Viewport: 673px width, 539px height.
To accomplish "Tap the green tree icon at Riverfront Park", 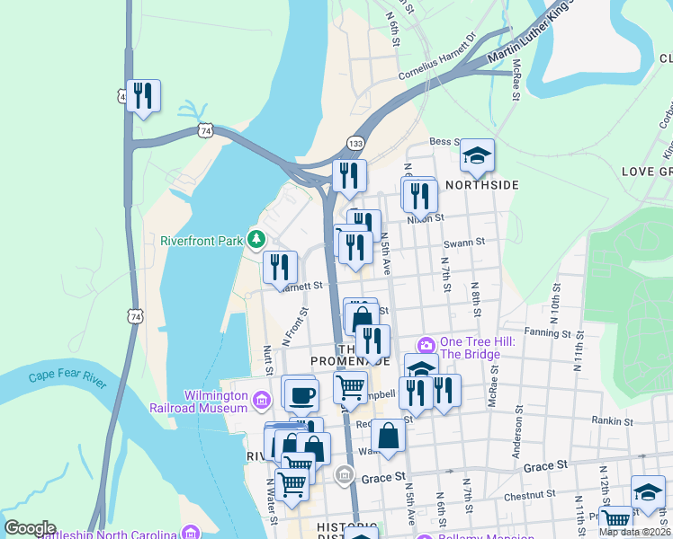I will click(257, 239).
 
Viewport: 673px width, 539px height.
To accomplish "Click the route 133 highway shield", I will click(356, 144).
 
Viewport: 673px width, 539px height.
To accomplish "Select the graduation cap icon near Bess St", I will click(478, 155).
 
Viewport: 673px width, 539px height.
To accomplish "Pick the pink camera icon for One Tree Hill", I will click(426, 345).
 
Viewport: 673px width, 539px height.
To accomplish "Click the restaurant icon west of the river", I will click(143, 95).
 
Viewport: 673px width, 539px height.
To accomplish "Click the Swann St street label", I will click(464, 242).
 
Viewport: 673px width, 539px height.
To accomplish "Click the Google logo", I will click(29, 528).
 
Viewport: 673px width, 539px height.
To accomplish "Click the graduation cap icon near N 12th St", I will click(648, 491).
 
